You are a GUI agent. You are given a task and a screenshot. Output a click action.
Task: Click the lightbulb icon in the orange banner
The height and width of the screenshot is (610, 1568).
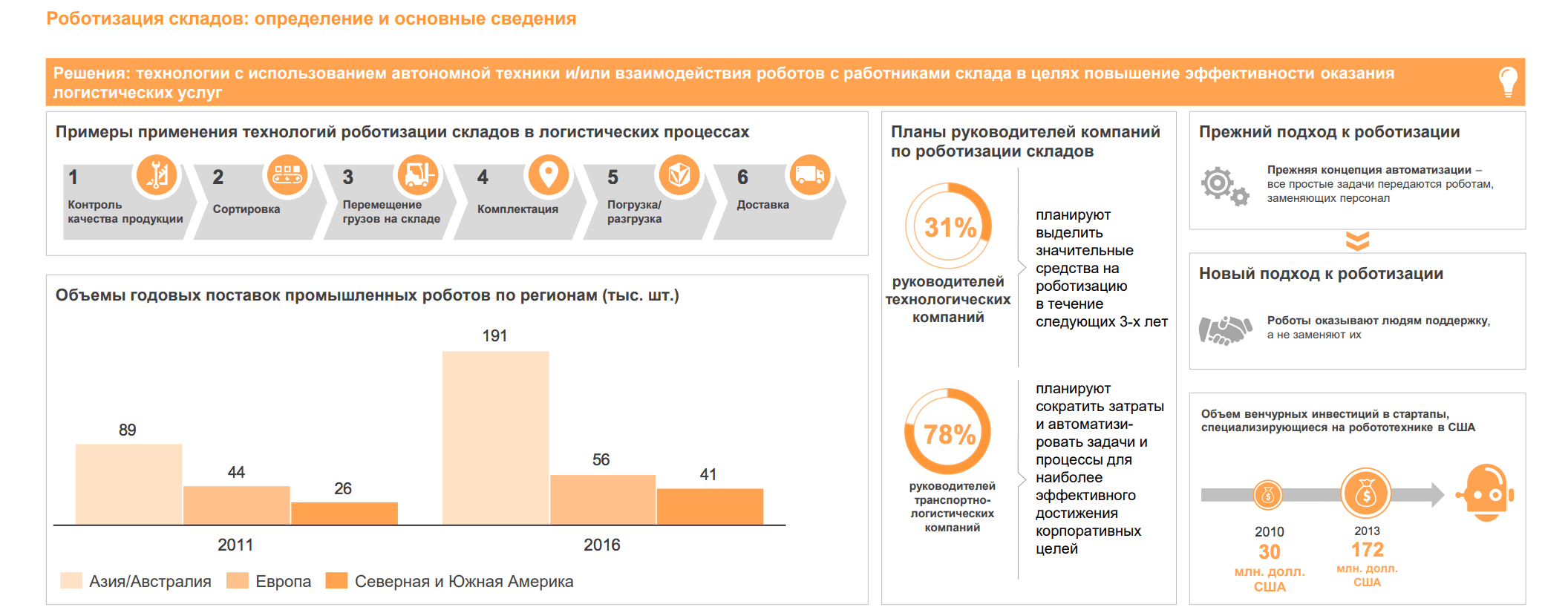pos(1507,82)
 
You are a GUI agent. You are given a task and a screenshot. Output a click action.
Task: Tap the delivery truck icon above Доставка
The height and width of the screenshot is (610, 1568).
pos(809,175)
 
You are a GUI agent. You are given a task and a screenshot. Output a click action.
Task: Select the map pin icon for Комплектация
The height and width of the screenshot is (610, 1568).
pos(548,175)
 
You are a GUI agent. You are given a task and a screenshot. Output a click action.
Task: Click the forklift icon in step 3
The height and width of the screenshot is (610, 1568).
pos(418,175)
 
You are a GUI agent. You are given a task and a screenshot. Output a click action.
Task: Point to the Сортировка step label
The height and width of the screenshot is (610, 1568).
pos(246,209)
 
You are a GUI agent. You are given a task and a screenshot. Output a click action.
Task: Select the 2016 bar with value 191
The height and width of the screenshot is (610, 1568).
pos(495,438)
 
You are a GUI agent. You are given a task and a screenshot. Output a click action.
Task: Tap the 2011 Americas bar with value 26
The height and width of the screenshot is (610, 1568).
pos(344,514)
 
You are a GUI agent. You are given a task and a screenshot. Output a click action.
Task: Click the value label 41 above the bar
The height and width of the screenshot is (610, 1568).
pos(708,474)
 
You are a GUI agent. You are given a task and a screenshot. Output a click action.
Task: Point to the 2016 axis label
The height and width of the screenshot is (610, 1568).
pos(601,545)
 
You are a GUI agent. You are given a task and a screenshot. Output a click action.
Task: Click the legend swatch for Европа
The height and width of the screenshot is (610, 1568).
pos(238,580)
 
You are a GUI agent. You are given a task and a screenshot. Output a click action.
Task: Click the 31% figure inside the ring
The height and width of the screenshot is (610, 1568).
pos(950,227)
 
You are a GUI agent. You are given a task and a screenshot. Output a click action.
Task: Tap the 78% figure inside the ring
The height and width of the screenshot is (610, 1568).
pos(949,434)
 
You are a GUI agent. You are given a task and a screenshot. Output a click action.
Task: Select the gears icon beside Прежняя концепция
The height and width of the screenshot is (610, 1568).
pos(1224,186)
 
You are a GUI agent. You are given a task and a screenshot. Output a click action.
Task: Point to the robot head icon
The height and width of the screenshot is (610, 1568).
pos(1486,493)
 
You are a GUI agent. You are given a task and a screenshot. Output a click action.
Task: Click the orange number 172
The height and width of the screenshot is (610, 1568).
pos(1367,550)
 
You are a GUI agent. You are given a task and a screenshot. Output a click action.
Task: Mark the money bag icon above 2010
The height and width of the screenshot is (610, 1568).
pos(1268,495)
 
